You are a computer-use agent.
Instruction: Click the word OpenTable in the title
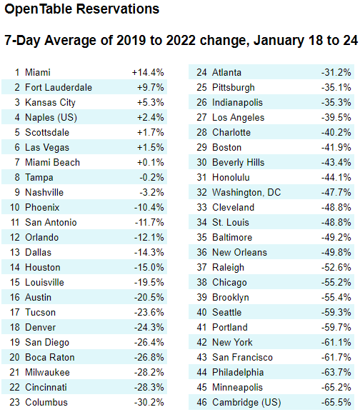click(x=39, y=9)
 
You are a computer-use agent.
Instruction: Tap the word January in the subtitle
click(x=279, y=41)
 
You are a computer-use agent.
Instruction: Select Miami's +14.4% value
click(x=148, y=72)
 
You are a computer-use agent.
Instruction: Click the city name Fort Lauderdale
click(x=59, y=87)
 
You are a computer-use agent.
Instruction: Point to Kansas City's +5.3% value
click(x=151, y=102)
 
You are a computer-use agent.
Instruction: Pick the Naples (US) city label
click(x=51, y=117)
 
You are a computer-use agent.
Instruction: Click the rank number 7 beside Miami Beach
click(x=17, y=162)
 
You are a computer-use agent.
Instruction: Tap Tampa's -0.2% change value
click(x=151, y=177)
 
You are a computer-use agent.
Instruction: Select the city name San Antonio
click(x=51, y=222)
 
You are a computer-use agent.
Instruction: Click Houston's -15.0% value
click(x=149, y=267)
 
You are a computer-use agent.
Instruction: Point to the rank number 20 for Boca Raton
click(x=15, y=357)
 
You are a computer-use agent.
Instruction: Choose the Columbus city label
click(x=46, y=402)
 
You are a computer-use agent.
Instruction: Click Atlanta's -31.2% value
click(x=336, y=72)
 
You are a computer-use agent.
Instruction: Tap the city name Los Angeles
click(x=238, y=117)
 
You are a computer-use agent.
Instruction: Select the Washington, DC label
click(x=246, y=192)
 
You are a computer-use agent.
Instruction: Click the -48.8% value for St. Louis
click(x=336, y=222)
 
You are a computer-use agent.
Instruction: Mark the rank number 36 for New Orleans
click(x=202, y=252)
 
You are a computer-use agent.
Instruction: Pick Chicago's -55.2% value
click(x=336, y=282)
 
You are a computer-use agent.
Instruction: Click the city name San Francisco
click(x=242, y=357)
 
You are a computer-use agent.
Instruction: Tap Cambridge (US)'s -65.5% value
click(x=336, y=402)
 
